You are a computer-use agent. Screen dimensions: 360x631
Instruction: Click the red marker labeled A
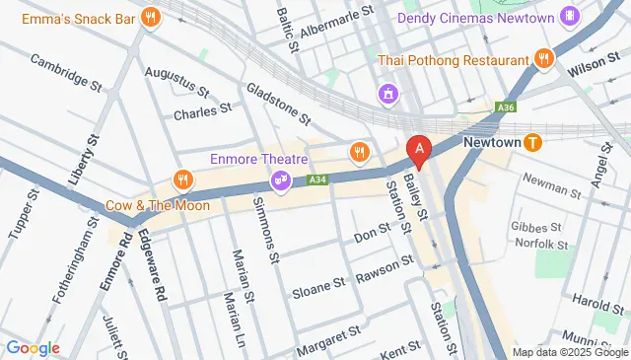pos(420,151)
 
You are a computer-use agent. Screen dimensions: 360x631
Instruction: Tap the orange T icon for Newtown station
pos(533,142)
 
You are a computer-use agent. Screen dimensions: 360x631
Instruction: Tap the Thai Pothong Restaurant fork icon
pos(542,59)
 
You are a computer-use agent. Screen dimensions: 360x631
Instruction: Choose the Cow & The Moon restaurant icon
pos(181,179)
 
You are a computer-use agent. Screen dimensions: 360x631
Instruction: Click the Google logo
pos(33,347)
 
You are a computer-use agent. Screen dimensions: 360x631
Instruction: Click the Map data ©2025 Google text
pos(569,352)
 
